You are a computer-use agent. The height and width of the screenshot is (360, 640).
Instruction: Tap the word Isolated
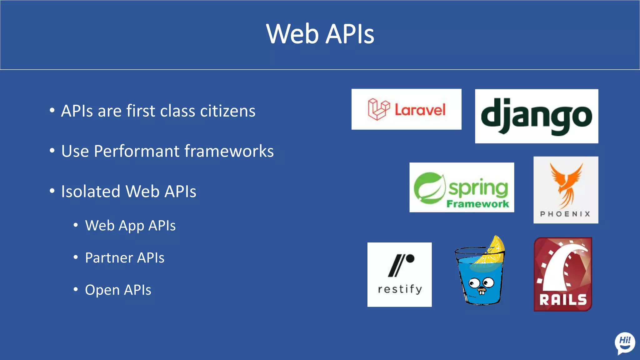click(x=91, y=191)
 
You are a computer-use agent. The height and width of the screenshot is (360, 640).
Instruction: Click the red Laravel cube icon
click(x=378, y=109)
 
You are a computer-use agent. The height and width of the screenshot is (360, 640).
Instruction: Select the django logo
click(x=536, y=116)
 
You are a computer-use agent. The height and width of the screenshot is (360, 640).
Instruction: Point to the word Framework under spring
click(x=477, y=204)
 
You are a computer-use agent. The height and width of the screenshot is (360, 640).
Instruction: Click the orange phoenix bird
click(x=566, y=184)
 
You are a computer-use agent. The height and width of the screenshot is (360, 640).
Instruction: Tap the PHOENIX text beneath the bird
click(x=565, y=214)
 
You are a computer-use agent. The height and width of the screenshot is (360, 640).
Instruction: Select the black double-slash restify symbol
click(x=400, y=265)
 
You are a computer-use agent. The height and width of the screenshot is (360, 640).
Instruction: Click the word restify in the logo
click(x=400, y=289)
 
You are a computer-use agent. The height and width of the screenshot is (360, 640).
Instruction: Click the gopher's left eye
click(x=474, y=284)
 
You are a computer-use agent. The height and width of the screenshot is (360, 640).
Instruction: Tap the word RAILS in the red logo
click(x=563, y=300)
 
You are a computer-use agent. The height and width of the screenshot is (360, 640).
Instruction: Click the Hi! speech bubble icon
click(x=625, y=342)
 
